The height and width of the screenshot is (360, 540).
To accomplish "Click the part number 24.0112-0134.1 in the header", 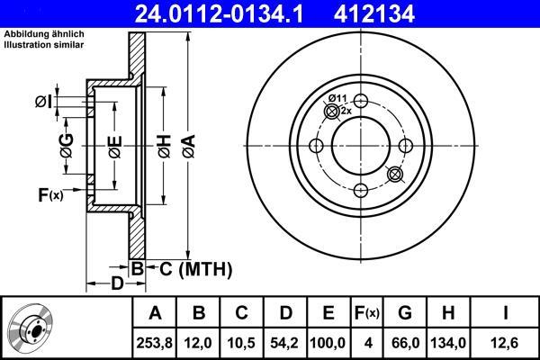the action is coord(219,14).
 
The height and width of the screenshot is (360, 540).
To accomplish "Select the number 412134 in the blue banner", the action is coord(374,14).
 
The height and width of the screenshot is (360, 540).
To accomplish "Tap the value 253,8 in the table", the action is coord(154,343).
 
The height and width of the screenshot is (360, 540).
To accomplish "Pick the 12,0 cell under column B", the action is coord(198,343).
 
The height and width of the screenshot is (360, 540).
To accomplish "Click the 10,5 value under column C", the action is coord(241,343).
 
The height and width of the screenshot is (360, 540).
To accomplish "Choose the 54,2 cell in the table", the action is coord(285,343).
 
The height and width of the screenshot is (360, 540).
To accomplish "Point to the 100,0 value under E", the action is coord(328,343).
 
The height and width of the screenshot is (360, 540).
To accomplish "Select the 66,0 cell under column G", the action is coord(405,343).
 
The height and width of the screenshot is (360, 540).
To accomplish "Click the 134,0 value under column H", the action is coord(448,343).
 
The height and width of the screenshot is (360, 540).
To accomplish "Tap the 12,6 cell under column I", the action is coord(505,343).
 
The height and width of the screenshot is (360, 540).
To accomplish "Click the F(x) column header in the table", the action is coord(367,313).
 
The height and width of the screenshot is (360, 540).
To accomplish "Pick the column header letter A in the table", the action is coord(155,313).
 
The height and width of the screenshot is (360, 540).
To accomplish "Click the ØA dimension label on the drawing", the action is coord(189,147).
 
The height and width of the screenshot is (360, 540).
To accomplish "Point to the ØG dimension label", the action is coord(67,146).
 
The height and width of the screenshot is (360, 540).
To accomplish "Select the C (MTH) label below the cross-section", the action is coord(195,269).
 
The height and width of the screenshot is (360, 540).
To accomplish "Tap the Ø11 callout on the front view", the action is coord(337,98).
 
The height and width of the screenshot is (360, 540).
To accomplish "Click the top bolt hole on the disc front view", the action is coord(361,101).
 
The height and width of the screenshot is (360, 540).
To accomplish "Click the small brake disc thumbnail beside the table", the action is coord(31,328).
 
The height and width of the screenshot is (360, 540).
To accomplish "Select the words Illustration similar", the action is coord(44,45).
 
